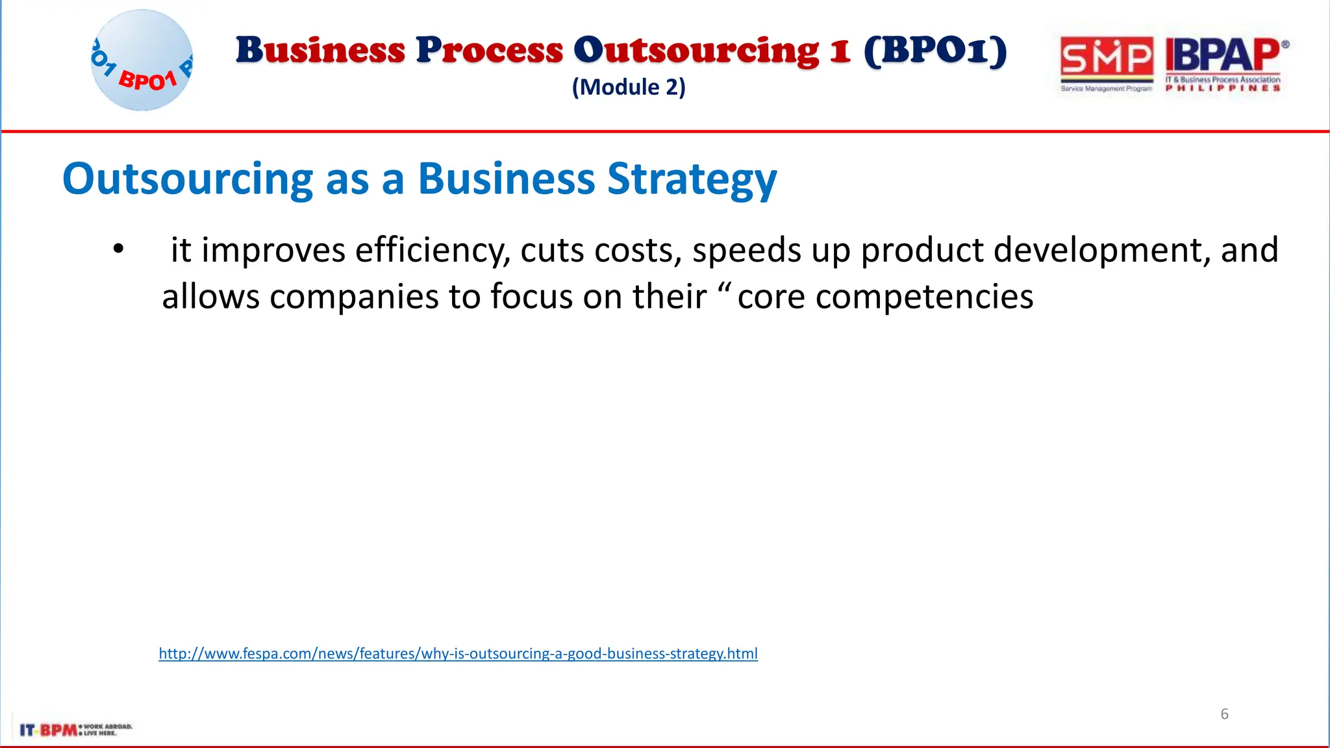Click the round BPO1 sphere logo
point(142,60)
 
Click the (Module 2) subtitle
point(628,87)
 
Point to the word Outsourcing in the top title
point(696,51)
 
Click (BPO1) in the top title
point(935,51)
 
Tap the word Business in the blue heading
point(506,179)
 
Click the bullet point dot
point(118,249)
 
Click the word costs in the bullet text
point(637,251)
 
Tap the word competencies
point(924,297)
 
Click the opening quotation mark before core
point(725,288)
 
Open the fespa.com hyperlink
point(458,653)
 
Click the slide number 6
point(1224,714)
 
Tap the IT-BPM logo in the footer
point(75,730)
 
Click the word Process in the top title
point(489,51)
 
